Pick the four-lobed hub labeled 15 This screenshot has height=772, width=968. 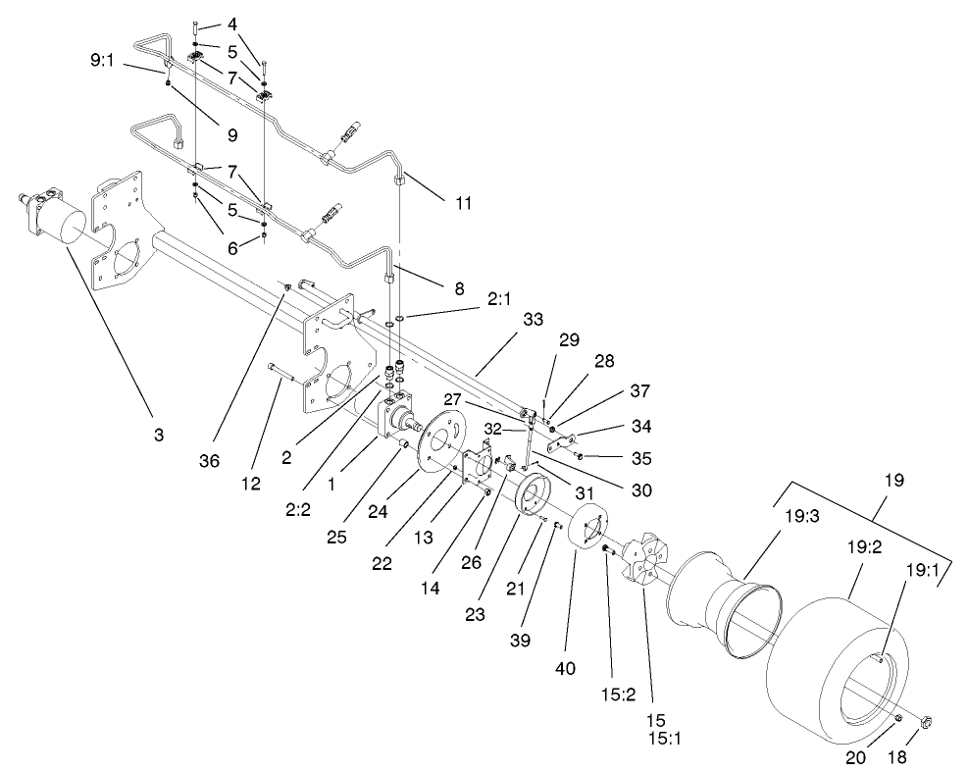[x=644, y=565]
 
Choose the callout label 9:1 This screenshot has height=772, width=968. [x=103, y=60]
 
